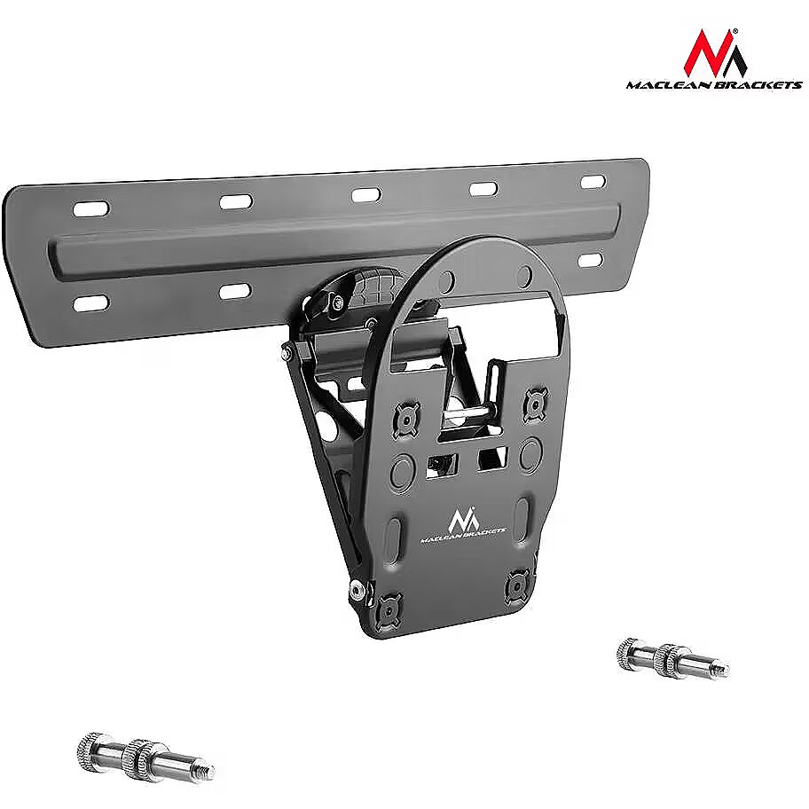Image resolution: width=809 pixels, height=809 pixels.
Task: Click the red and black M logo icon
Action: [715, 52]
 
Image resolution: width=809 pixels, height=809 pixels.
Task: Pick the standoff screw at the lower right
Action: [673, 658]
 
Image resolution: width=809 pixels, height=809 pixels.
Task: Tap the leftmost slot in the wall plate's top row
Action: [91, 209]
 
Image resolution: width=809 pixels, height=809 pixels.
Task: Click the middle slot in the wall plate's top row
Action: [366, 195]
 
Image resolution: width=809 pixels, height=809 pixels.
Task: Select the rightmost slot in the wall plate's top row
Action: [593, 182]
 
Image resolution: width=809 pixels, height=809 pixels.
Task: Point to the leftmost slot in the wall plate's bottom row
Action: [91, 302]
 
